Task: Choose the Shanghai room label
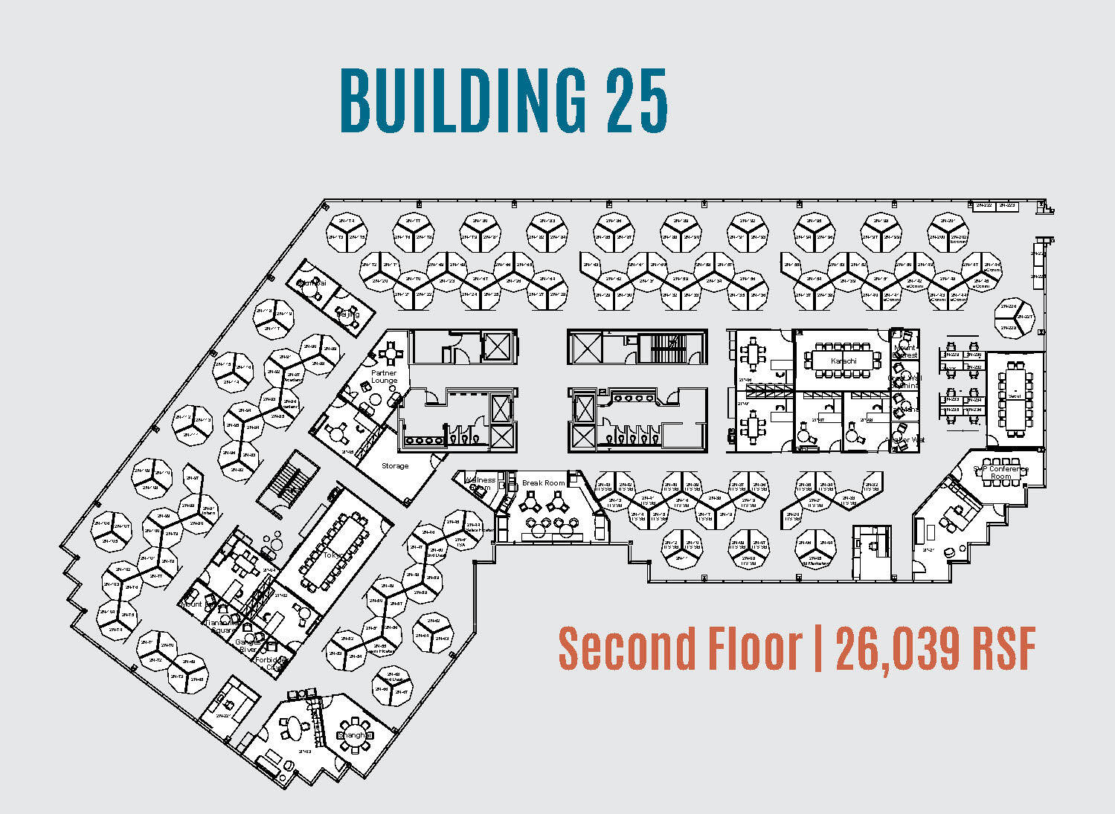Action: pyautogui.click(x=354, y=735)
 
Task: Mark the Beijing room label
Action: pyautogui.click(x=348, y=314)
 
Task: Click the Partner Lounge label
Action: pyautogui.click(x=385, y=377)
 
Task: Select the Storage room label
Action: pyautogui.click(x=395, y=466)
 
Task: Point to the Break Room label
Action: pyautogui.click(x=543, y=483)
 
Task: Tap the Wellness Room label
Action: pyautogui.click(x=480, y=484)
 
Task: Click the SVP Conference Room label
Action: pyautogui.click(x=1000, y=473)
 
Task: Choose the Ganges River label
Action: pyautogui.click(x=246, y=646)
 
